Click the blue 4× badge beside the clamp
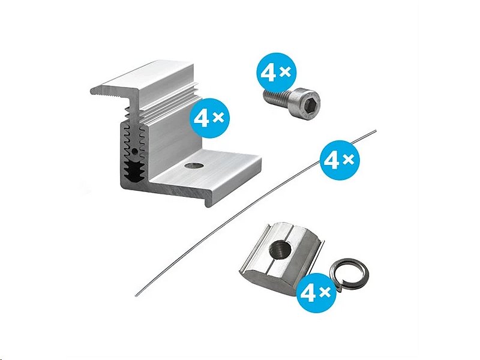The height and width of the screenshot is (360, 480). tap(209, 118)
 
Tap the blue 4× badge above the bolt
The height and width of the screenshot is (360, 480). tap(276, 72)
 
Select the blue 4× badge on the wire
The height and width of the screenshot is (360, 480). tap(340, 160)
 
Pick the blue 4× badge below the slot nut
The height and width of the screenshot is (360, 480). tap(317, 292)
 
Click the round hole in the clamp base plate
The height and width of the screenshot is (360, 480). tap(193, 166)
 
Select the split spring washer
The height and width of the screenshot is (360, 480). tap(349, 274)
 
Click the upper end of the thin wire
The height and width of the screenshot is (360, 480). tap(376, 131)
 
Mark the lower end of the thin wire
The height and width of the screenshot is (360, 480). tap(136, 295)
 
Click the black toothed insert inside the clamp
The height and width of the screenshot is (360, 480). tap(134, 171)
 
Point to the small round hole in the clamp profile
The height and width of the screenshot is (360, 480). tap(134, 151)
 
